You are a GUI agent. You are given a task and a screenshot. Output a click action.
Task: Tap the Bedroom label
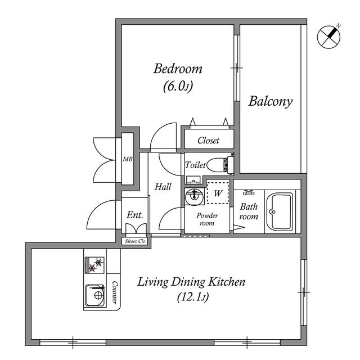click(178, 69)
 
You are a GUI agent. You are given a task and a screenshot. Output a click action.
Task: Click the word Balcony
click(271, 102)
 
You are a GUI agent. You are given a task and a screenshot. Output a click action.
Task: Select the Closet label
click(208, 141)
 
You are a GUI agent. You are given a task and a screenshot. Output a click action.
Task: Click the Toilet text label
click(195, 165)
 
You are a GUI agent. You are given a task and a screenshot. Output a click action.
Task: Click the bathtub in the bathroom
click(279, 211)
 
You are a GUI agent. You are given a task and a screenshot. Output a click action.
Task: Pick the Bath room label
click(248, 211)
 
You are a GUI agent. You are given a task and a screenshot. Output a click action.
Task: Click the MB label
click(128, 159)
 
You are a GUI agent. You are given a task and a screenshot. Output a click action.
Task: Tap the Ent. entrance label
click(134, 215)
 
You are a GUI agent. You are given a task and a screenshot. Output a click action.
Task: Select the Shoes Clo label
click(135, 241)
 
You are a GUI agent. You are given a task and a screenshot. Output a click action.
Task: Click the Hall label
click(163, 187)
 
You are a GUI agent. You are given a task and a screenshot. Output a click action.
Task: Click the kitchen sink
click(95, 295)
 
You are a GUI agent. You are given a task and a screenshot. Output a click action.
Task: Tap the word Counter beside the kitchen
click(115, 292)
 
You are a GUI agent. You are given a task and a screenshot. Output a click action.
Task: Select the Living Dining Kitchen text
click(191, 282)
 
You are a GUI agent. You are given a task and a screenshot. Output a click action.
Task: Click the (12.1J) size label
click(191, 298)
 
